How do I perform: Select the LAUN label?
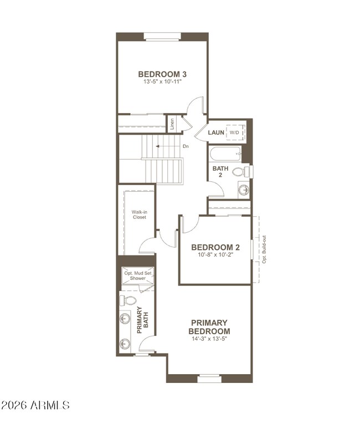[x=215, y=133]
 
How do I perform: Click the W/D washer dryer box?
[x=235, y=133]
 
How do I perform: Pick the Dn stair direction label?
[x=186, y=146]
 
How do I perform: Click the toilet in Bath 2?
[x=239, y=171]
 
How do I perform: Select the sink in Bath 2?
[x=243, y=190]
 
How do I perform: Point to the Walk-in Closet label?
[x=139, y=214]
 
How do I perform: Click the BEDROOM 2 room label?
[x=215, y=248]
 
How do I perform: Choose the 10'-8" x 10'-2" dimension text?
[x=215, y=256]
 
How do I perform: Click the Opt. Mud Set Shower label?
[x=135, y=275]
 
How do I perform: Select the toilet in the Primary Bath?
[x=130, y=300]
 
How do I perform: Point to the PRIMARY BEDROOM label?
[x=209, y=326]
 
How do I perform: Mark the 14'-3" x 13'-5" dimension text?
[x=209, y=338]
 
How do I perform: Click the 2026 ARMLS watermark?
[x=35, y=406]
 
